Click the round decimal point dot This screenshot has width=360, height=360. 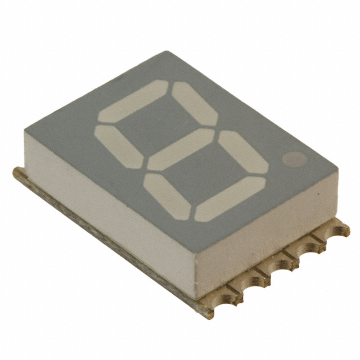click(x=292, y=160)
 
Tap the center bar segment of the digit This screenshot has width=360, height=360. click(x=181, y=149)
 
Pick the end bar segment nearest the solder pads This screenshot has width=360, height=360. click(x=230, y=199)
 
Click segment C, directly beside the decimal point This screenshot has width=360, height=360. click(x=243, y=152)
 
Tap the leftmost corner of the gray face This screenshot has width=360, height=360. click(x=24, y=131)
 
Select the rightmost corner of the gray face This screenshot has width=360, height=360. click(x=339, y=167)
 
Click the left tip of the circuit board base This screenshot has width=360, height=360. click(x=15, y=172)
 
